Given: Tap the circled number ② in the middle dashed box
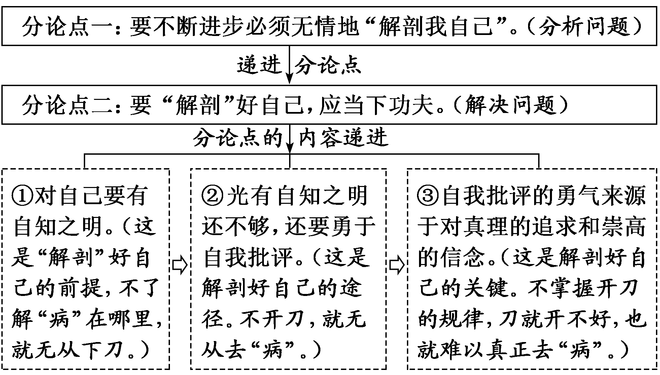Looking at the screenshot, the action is pos(213,196).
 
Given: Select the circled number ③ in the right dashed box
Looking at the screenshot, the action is pos(428,196).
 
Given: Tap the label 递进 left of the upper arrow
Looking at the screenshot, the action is pos(259,65).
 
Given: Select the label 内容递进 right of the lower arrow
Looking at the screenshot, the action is pos(344,138).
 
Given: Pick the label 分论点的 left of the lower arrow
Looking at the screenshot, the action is pos(238,138).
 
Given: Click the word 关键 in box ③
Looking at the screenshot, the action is pos(485,288).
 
